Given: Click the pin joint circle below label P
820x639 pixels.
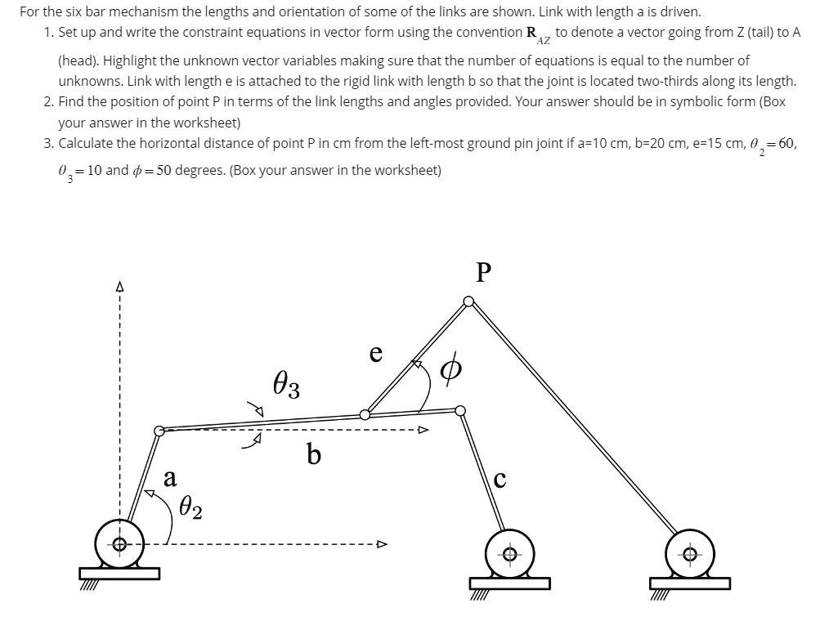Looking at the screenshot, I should click(468, 302).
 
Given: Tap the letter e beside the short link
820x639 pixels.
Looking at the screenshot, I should click(375, 353).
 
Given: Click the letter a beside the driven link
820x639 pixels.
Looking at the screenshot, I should click(170, 477).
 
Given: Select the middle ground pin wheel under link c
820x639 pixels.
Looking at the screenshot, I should click(509, 554).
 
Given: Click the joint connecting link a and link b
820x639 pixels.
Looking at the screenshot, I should click(159, 429).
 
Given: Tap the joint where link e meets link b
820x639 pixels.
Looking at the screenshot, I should click(365, 414).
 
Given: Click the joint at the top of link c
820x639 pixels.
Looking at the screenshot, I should click(460, 410).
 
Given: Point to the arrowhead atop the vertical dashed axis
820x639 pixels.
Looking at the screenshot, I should click(119, 288).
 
